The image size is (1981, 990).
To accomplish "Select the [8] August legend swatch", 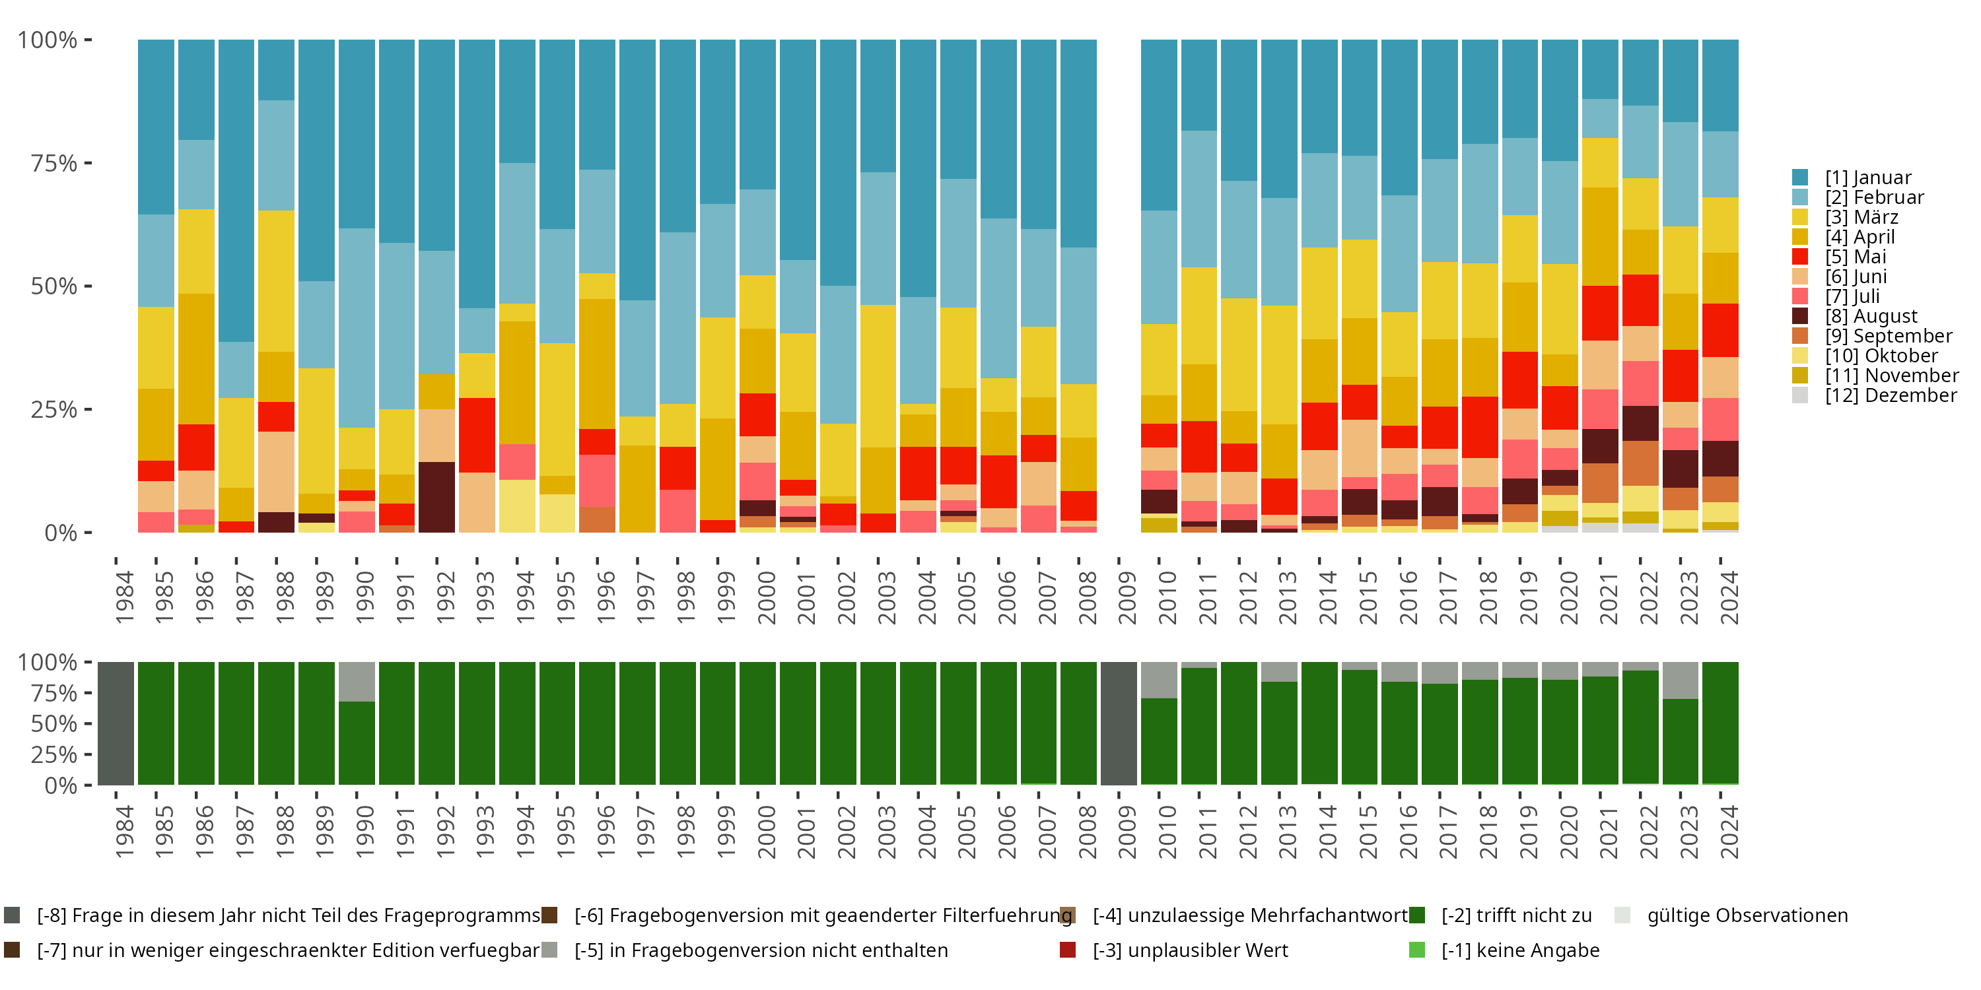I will tap(1799, 316).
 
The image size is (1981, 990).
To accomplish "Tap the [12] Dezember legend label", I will tap(1891, 395).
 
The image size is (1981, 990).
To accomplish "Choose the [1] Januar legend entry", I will tap(1867, 178).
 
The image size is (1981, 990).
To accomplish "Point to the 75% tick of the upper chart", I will tap(54, 163).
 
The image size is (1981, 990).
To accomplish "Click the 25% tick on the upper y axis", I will tap(54, 409).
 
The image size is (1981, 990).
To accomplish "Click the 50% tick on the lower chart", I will tap(54, 723).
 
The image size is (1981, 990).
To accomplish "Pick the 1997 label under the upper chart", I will tap(645, 597).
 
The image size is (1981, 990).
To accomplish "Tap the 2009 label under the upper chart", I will tap(1127, 597).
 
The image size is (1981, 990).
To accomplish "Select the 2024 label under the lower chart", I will tap(1728, 832).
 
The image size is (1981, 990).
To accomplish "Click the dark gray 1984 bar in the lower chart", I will tap(116, 723).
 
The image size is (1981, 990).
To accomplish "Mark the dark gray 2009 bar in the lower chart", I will tap(1119, 723).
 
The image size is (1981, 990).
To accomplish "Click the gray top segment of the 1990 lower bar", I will tap(357, 681).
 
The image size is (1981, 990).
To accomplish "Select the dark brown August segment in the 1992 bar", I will tap(436, 496).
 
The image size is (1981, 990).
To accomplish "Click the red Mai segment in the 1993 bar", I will tap(477, 435).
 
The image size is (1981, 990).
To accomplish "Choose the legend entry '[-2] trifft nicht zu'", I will tap(1515, 915).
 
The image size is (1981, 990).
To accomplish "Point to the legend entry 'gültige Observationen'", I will tap(1746, 915).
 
